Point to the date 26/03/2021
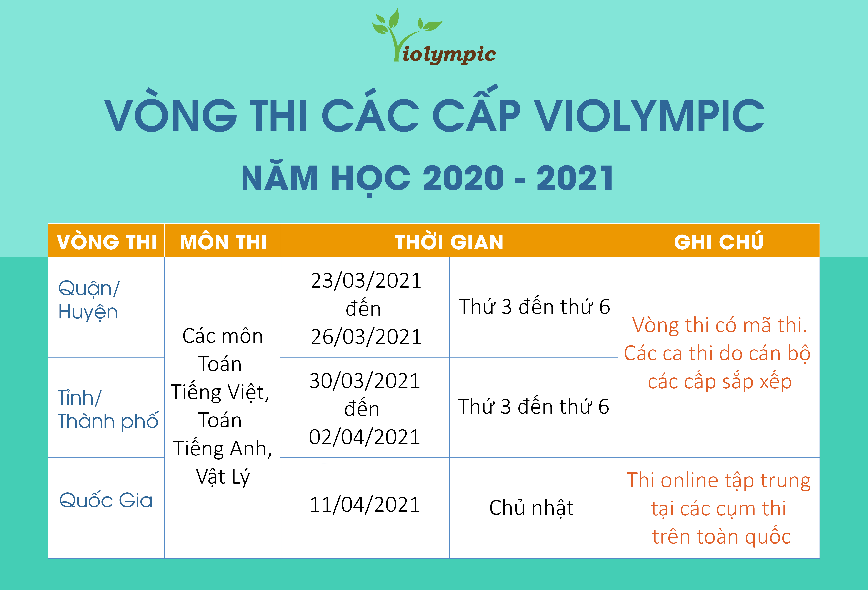click(366, 337)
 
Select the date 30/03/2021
click(365, 381)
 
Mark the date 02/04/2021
click(365, 437)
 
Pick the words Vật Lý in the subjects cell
click(223, 477)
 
